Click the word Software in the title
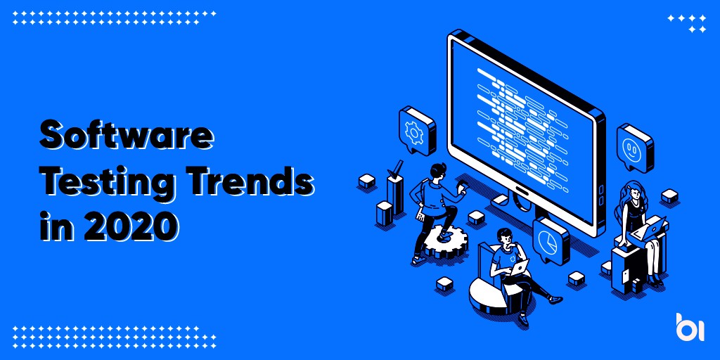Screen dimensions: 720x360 point(127,136)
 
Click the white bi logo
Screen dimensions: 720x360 point(690,327)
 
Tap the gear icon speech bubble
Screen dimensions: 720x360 point(417,131)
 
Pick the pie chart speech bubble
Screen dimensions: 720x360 point(551,241)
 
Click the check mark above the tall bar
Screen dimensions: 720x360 point(395,168)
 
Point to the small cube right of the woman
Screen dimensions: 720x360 point(670,196)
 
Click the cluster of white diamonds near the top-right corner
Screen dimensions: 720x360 point(687,23)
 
